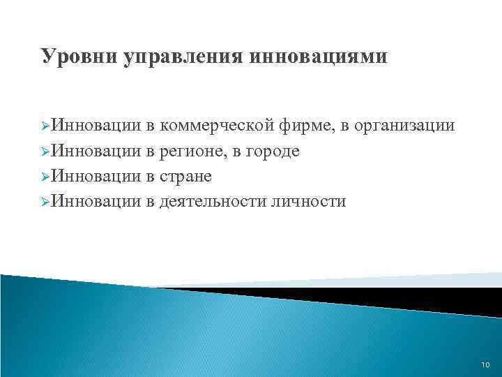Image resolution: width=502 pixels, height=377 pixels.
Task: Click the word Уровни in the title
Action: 79,57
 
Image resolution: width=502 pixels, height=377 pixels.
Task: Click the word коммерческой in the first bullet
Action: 217,126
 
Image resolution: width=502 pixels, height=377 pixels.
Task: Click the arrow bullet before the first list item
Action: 46,127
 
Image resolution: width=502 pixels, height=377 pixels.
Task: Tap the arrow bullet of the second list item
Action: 46,152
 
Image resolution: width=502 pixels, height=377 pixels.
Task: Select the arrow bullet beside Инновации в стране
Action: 46,177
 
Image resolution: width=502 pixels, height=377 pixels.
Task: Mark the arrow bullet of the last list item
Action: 46,202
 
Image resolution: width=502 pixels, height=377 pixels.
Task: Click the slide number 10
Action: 485,364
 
